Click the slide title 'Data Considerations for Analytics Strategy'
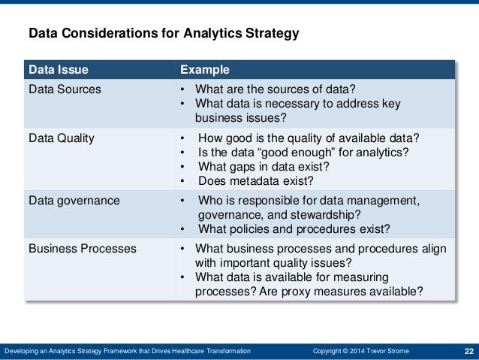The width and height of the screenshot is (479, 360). pos(164,34)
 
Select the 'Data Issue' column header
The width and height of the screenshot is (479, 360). pos(58,70)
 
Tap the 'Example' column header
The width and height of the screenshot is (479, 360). pos(204,70)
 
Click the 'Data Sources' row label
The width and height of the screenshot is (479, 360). pos(65,89)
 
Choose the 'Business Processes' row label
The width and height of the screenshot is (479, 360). pos(82,249)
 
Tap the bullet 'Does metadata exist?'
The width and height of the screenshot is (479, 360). pos(255,180)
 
